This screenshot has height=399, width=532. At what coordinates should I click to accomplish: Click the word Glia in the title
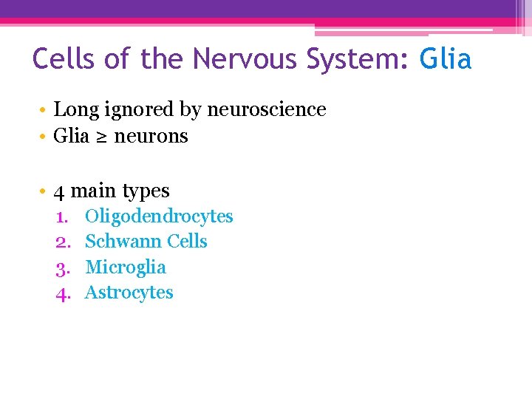click(446, 59)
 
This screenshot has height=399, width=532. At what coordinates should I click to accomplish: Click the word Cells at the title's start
click(65, 59)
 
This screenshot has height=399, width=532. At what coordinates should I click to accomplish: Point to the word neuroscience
click(267, 110)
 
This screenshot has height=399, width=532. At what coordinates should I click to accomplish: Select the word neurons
click(151, 137)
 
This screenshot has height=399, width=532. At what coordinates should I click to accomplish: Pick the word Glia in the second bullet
click(72, 137)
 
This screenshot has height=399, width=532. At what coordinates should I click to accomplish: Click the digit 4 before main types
click(59, 191)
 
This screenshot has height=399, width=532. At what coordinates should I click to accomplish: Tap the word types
click(146, 191)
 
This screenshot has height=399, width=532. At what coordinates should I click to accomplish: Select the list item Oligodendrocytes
click(159, 216)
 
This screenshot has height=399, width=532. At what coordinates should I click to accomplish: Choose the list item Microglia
click(126, 267)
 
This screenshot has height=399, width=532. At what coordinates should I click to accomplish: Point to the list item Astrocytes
click(129, 293)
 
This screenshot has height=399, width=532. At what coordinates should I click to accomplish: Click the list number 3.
click(62, 267)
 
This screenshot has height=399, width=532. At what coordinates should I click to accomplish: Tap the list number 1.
click(62, 216)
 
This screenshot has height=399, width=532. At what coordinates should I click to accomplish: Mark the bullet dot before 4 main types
click(45, 191)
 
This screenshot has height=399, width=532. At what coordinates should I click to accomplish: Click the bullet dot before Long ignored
click(45, 110)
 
